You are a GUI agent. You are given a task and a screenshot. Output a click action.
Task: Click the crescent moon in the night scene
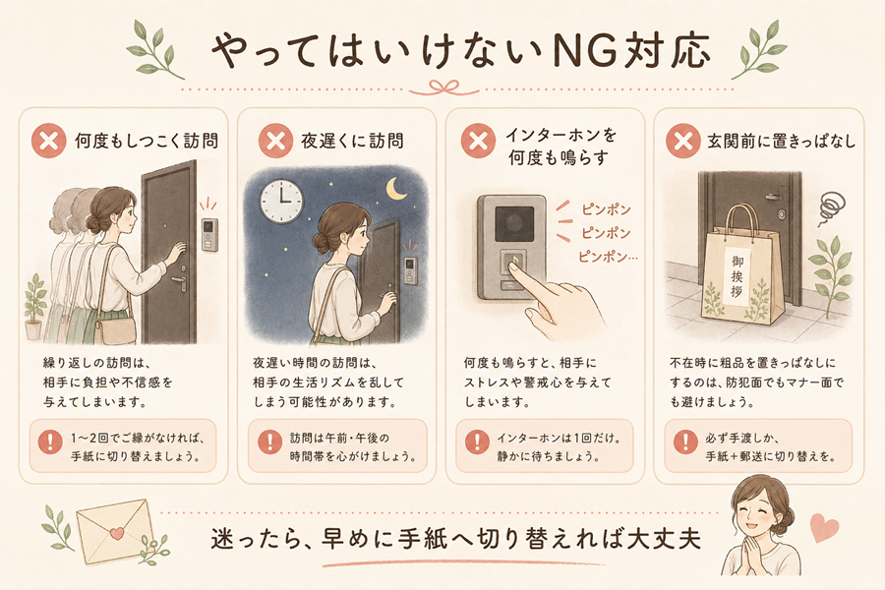pos(395,189)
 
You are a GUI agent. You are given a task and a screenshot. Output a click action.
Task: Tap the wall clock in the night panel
pos(281,202)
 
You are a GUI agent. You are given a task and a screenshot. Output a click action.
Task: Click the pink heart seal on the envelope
pos(117,532)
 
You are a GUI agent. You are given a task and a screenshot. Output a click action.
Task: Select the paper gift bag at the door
pos(742,265)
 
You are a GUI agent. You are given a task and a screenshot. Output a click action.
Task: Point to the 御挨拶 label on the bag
pos(737,276)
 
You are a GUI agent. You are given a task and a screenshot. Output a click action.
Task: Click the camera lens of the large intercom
pos(514,223)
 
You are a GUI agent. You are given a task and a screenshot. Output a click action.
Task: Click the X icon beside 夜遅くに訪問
pos(275,141)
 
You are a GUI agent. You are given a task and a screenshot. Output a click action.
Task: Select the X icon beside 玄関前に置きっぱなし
pos(683,141)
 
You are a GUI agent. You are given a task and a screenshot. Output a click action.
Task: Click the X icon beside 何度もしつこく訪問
pos(49,141)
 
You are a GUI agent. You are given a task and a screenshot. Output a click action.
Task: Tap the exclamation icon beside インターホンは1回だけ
pos(478,442)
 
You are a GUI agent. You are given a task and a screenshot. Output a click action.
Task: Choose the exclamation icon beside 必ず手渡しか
pos(685,442)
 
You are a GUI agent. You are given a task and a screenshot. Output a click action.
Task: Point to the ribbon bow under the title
pos(443,88)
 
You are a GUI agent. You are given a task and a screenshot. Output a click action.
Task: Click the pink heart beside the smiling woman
pos(824,528)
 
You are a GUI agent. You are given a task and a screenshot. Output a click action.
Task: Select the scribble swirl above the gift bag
pos(831,207)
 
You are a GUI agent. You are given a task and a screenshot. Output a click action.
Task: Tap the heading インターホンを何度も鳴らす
pos(560,147)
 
